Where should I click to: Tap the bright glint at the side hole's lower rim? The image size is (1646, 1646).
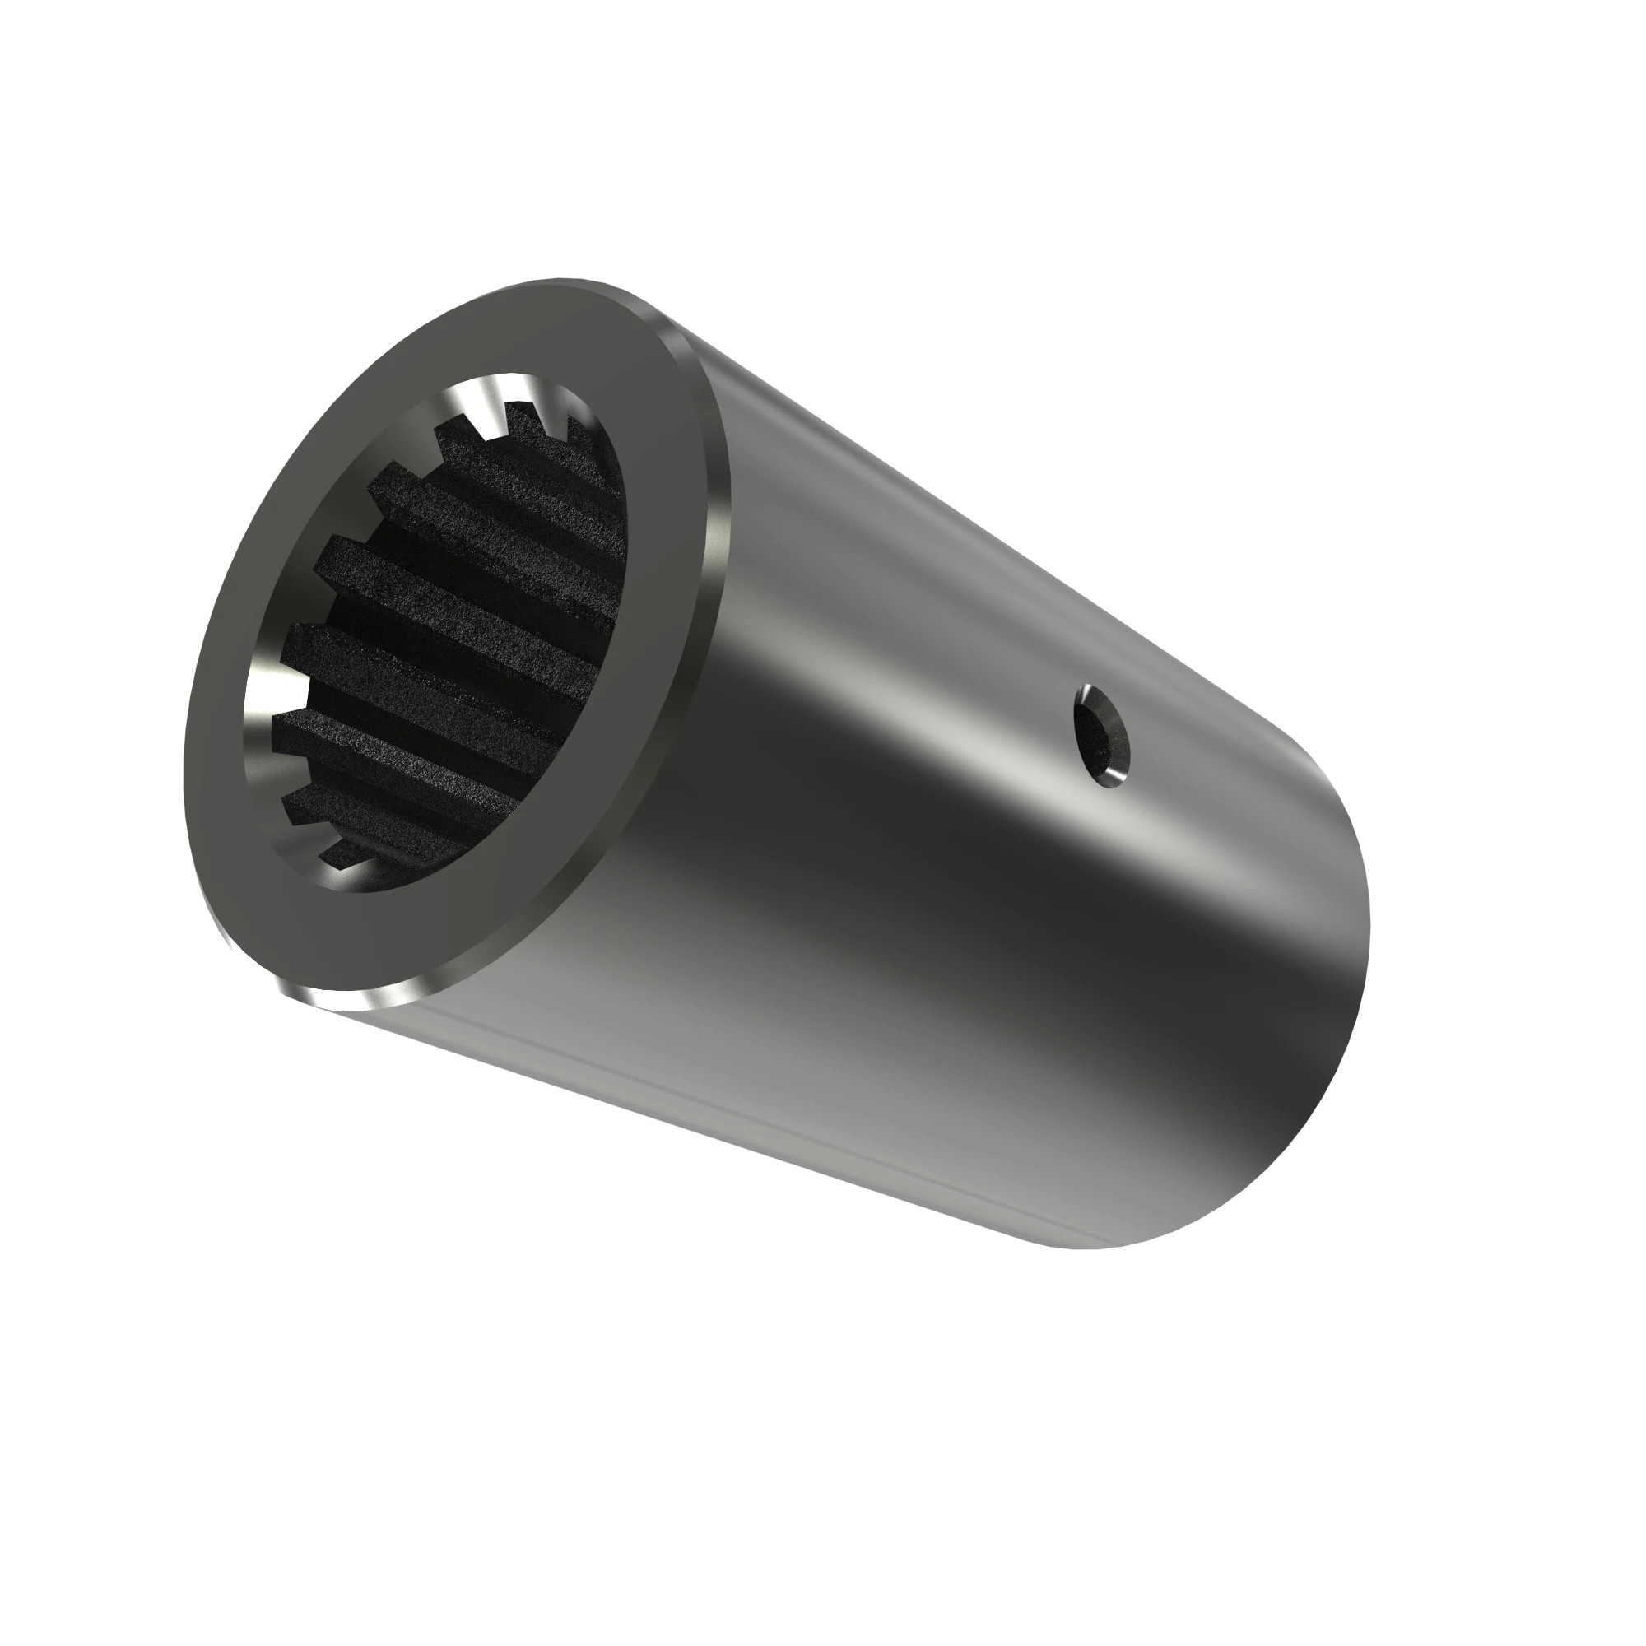pos(1117,773)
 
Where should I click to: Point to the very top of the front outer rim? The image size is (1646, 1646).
pos(562,281)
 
